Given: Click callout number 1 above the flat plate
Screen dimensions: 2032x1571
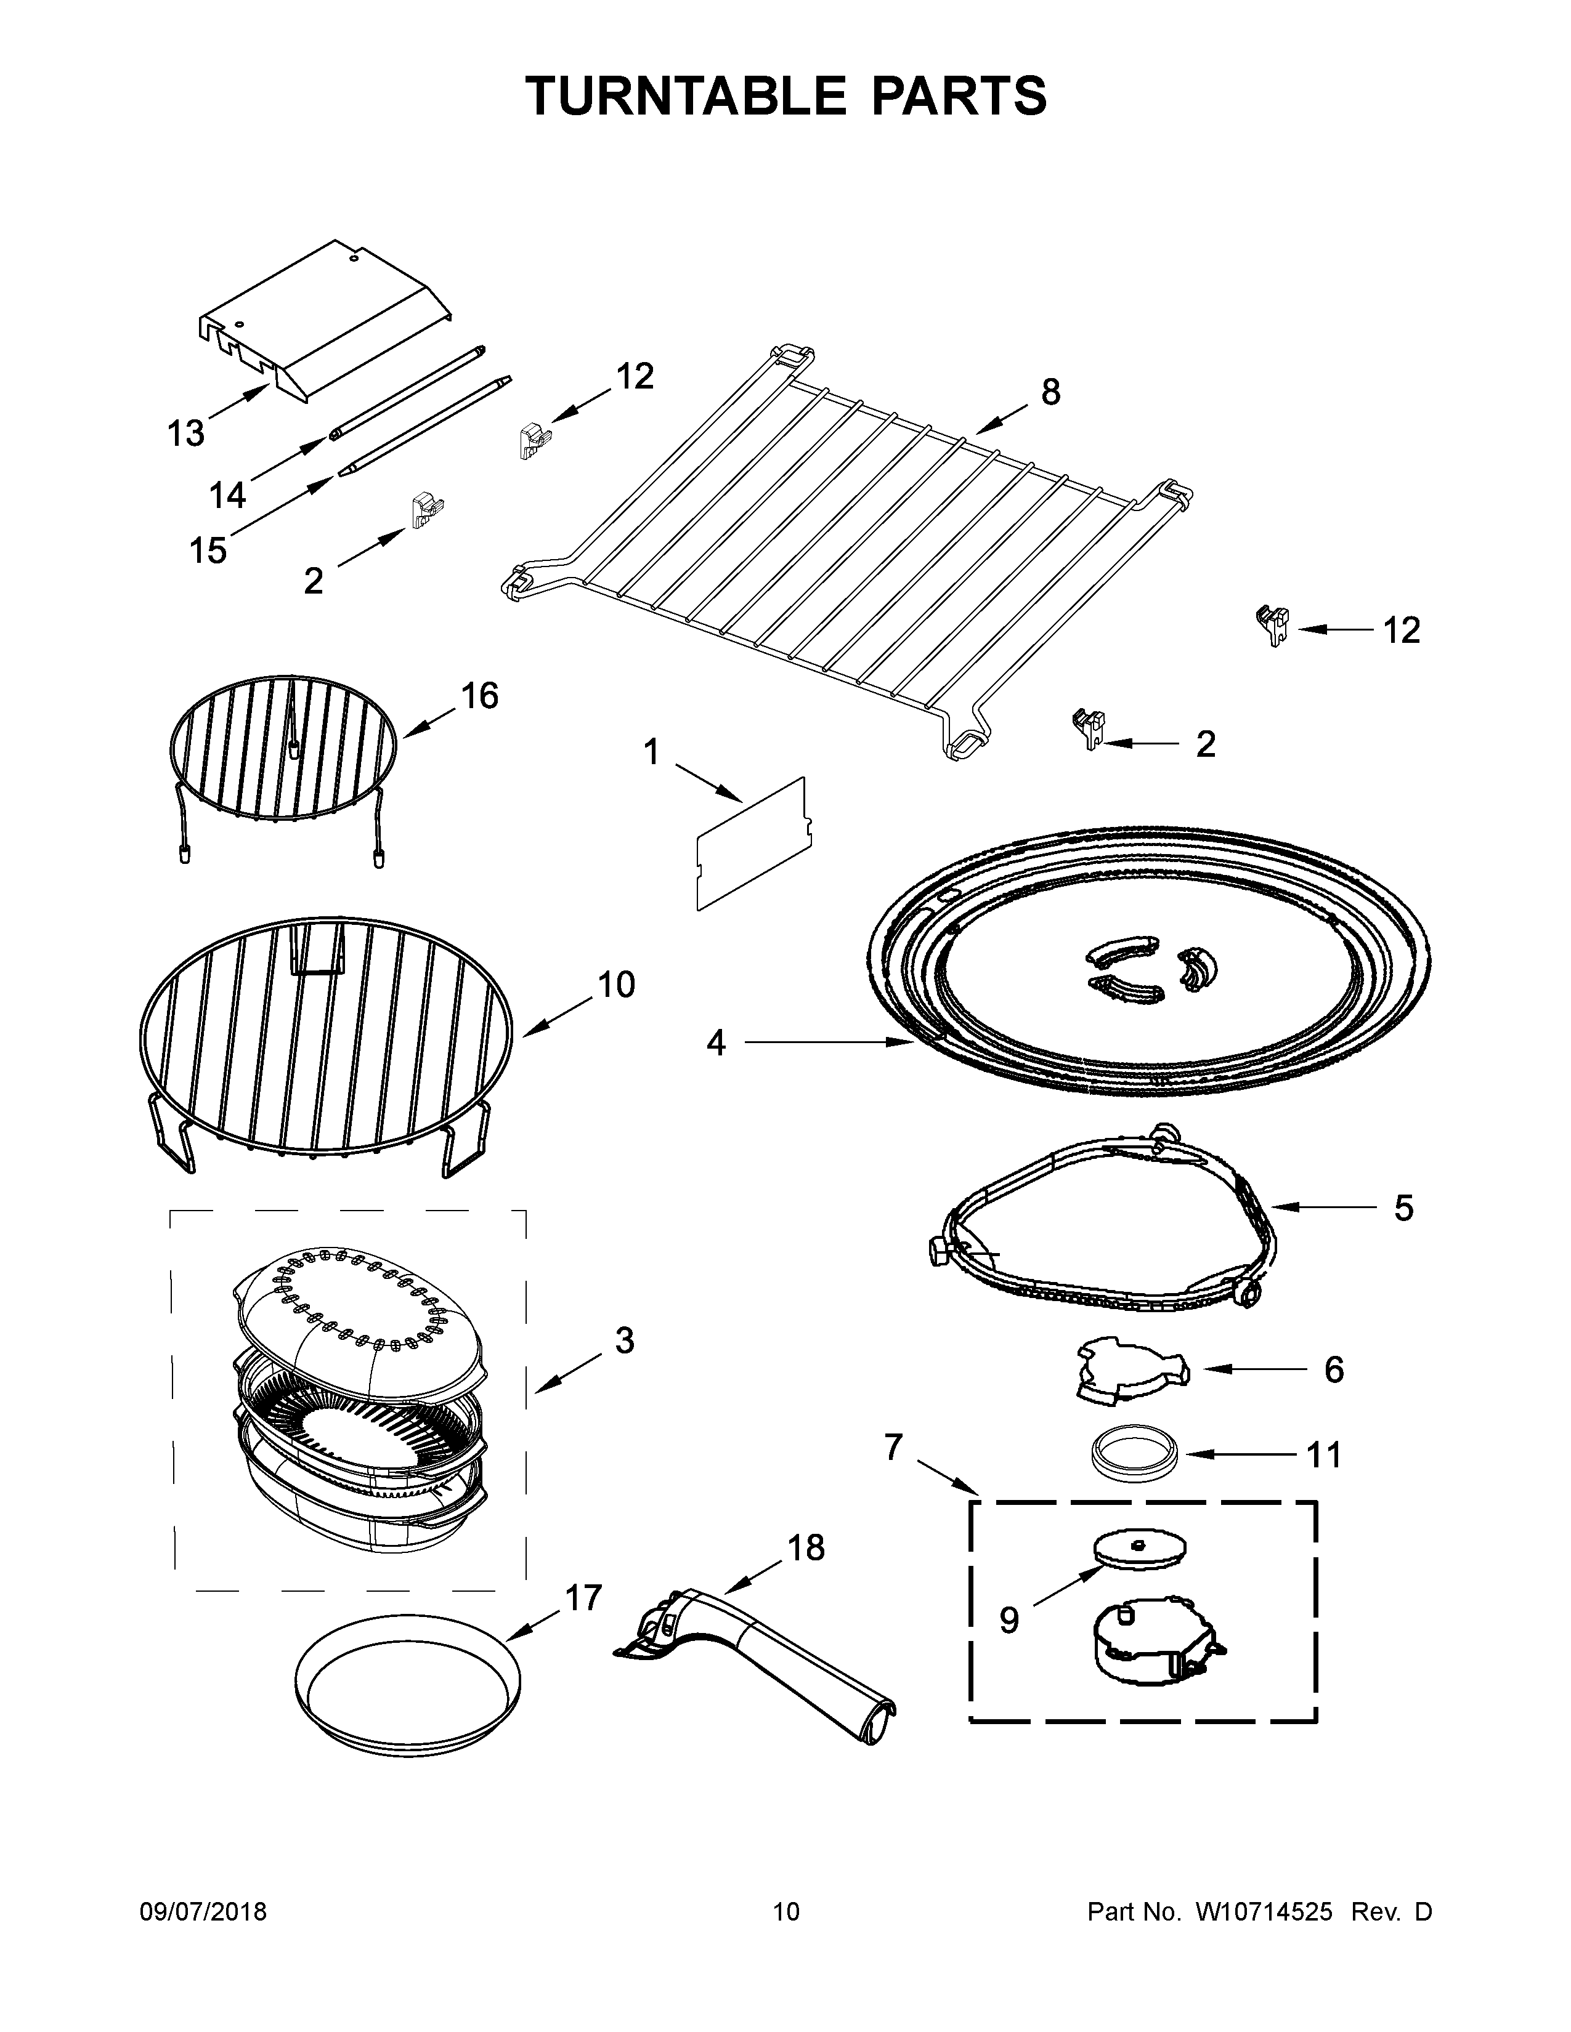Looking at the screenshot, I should pos(651,752).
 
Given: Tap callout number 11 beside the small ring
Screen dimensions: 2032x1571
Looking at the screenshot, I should pos(1323,1454).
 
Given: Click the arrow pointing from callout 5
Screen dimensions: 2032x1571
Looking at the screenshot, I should pos(1321,1208).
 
